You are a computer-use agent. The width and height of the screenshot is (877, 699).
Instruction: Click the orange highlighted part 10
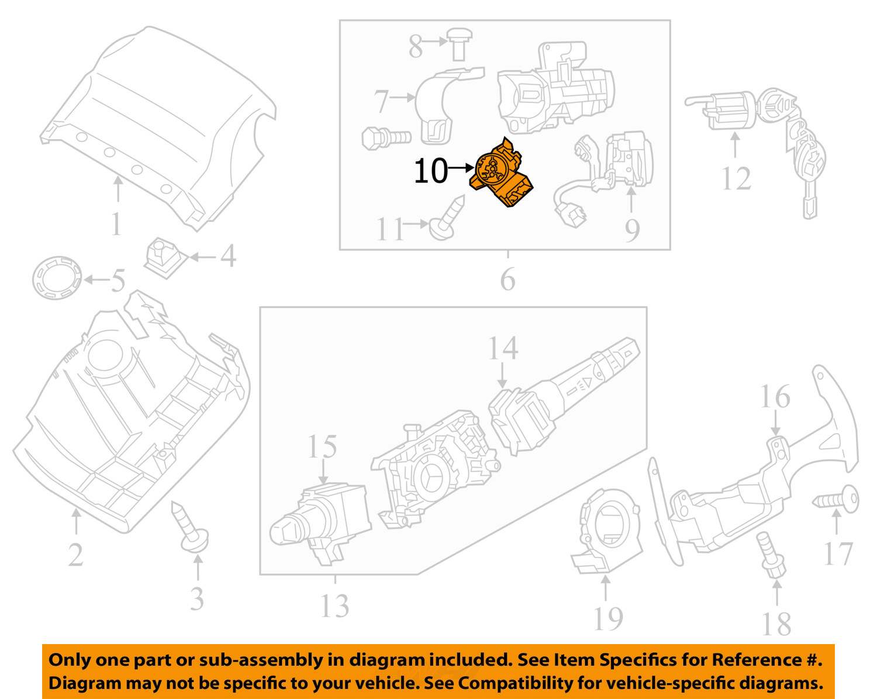(x=502, y=173)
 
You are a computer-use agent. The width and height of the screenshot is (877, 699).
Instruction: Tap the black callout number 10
(x=431, y=171)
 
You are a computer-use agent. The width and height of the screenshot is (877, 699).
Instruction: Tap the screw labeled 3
(x=190, y=527)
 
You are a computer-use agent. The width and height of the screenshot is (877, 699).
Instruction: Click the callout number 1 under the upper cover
(x=116, y=223)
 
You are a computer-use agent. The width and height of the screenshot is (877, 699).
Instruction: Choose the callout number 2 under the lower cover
(x=76, y=555)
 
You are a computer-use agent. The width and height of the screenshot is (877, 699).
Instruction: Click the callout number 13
(x=335, y=606)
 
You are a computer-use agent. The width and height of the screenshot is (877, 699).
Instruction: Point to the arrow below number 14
(x=502, y=376)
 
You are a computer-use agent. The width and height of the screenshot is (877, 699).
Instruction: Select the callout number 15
(x=322, y=446)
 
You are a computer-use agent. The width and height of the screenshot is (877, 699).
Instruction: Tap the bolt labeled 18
(x=771, y=555)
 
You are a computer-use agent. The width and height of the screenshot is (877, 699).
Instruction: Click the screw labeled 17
(x=836, y=500)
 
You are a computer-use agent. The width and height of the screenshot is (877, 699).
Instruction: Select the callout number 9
(x=632, y=230)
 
